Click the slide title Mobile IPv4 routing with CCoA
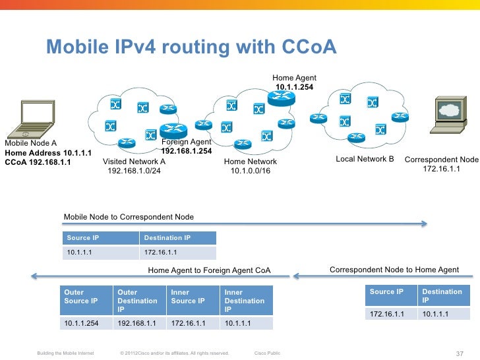191,47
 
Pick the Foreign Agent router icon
174,131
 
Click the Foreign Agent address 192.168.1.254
187,151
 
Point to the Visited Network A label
135,162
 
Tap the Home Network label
251,162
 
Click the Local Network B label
365,159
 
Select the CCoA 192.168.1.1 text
38,162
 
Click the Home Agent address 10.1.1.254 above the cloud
294,87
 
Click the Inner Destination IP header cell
246,301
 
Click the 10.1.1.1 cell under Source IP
101,253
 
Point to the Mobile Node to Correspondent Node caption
129,217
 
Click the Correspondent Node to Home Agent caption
394,269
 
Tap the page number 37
460,353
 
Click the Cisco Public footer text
267,353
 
